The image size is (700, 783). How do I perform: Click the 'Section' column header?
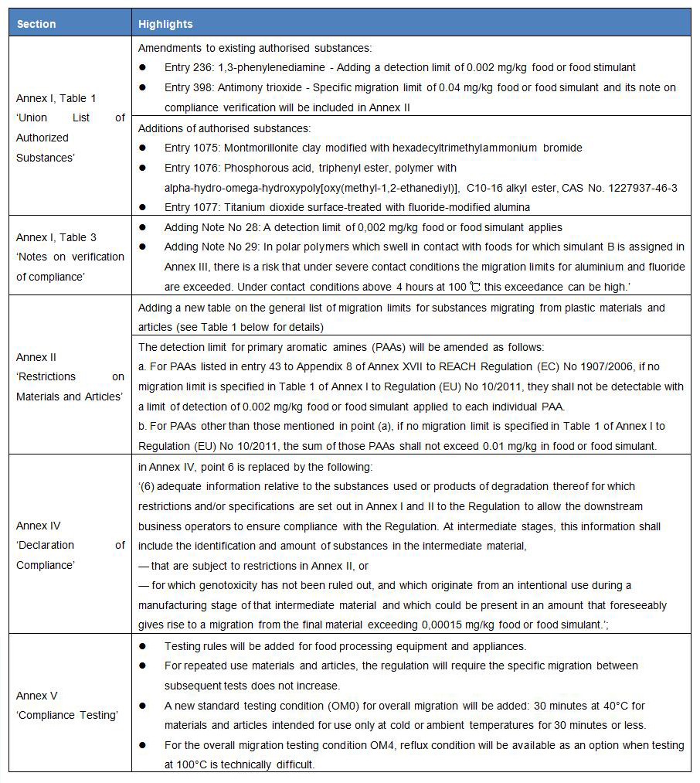(36, 24)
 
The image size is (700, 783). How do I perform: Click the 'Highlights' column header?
(165, 24)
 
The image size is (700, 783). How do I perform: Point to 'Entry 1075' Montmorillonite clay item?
(192, 148)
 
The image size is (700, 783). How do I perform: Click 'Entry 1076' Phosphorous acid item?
(192, 168)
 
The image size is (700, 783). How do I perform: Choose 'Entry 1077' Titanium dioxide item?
(192, 206)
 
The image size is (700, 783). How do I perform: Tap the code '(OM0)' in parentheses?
(349, 706)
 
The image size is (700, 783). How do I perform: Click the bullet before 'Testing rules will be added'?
(143, 646)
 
